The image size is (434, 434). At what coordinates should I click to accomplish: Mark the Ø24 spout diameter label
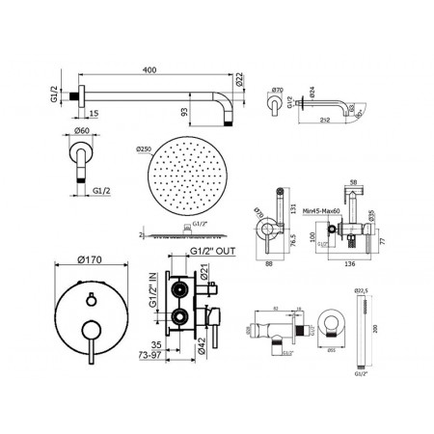[311, 95]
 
